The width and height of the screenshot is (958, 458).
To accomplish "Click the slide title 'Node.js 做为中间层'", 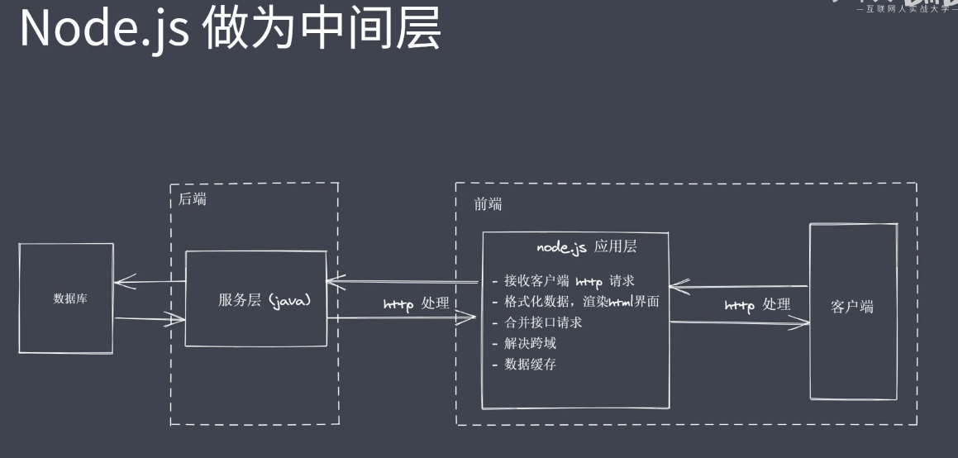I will pyautogui.click(x=230, y=30).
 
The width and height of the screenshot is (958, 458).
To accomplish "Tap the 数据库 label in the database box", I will pyautogui.click(x=70, y=298).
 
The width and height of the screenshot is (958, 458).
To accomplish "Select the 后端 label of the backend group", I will pyautogui.click(x=193, y=199).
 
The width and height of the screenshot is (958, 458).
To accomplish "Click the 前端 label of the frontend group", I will pyautogui.click(x=488, y=204).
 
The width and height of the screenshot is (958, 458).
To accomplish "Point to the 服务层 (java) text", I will pyautogui.click(x=265, y=300).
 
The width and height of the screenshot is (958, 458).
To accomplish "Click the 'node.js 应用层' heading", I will pyautogui.click(x=586, y=246).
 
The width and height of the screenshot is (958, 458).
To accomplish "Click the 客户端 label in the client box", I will pyautogui.click(x=851, y=307).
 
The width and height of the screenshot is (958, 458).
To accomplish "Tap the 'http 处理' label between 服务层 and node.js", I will pyautogui.click(x=417, y=303).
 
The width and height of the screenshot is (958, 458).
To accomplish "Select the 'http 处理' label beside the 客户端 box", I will pyautogui.click(x=757, y=304).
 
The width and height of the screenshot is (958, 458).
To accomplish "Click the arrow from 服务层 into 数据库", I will pyautogui.click(x=149, y=283).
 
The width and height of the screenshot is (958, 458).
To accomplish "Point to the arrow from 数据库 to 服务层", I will pyautogui.click(x=149, y=320).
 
